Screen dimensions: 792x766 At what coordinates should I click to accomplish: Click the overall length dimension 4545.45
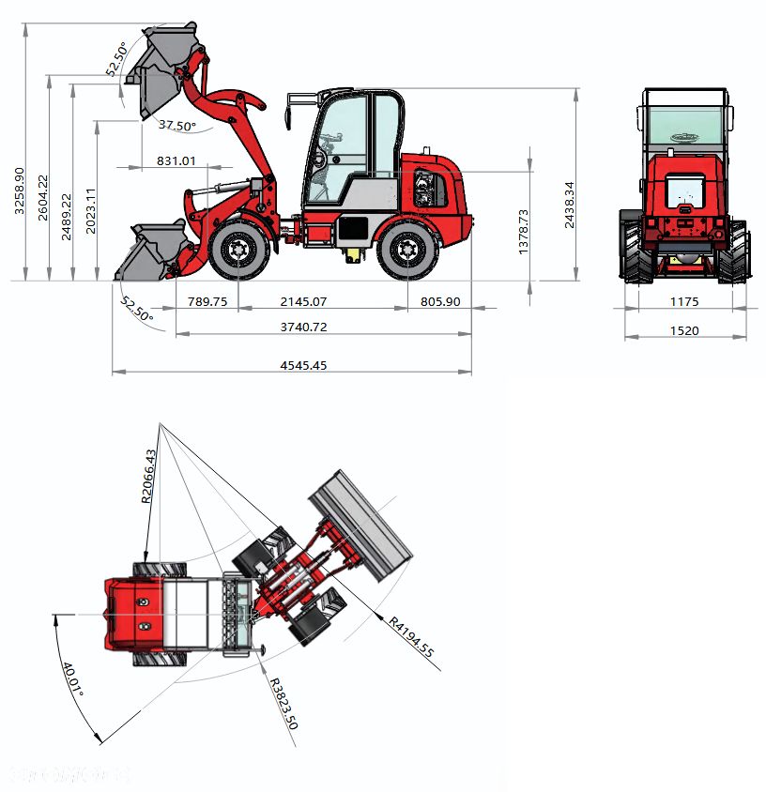click(x=302, y=366)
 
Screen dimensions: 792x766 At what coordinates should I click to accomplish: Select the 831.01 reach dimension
click(x=176, y=161)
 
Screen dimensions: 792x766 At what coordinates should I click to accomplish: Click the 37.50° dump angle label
click(x=176, y=126)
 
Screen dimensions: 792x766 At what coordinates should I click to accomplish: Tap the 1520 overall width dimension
click(x=685, y=330)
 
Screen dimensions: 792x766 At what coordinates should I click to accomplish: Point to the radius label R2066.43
click(x=149, y=477)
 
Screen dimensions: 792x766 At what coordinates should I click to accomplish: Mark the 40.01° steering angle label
click(x=73, y=678)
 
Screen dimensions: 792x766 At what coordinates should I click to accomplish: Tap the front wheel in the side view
click(x=237, y=251)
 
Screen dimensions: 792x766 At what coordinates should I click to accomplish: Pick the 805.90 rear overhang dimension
click(x=439, y=302)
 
